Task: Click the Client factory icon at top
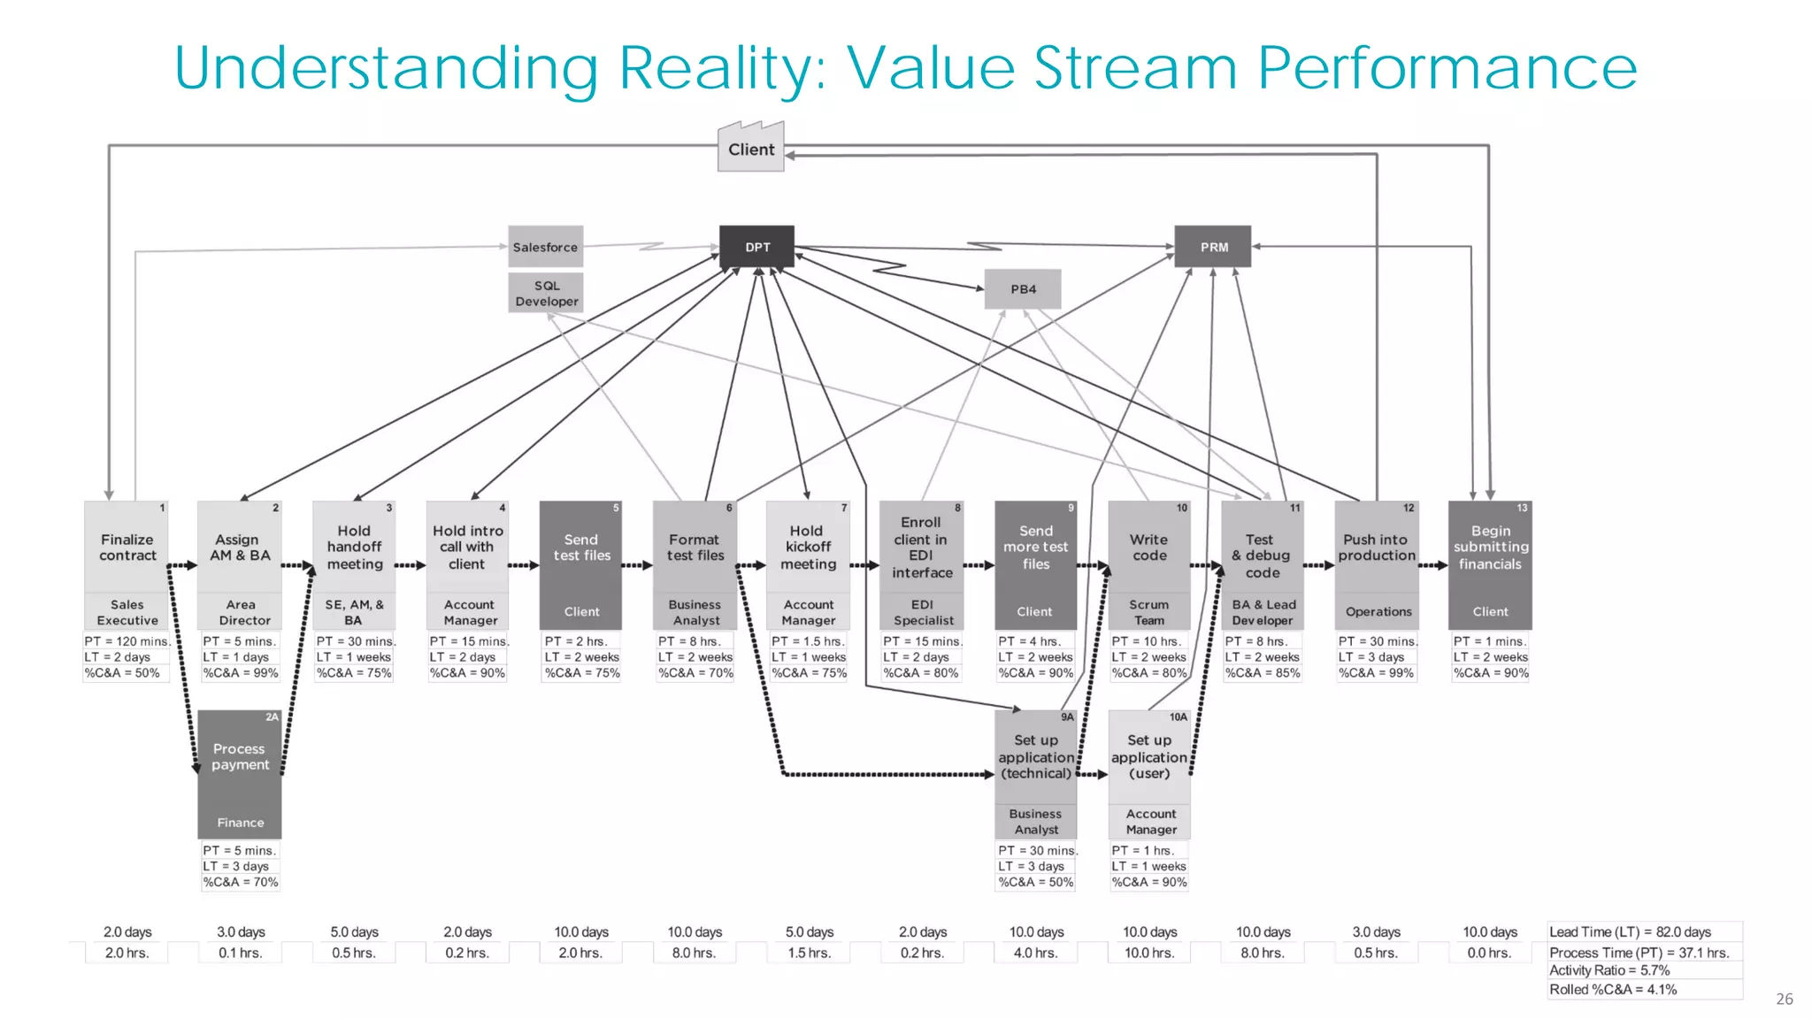[750, 148]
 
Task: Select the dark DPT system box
[756, 247]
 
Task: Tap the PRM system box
[1213, 247]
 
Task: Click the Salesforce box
[545, 247]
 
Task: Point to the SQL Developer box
[546, 293]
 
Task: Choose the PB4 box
[1023, 289]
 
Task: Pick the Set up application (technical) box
[1035, 757]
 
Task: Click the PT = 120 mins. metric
[127, 641]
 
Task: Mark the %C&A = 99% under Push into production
[1376, 673]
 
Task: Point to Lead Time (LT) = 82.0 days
[1630, 932]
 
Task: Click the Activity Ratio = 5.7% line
[1609, 970]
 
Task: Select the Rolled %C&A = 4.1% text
[1612, 990]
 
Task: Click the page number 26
[1784, 999]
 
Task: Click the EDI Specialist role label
[922, 612]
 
